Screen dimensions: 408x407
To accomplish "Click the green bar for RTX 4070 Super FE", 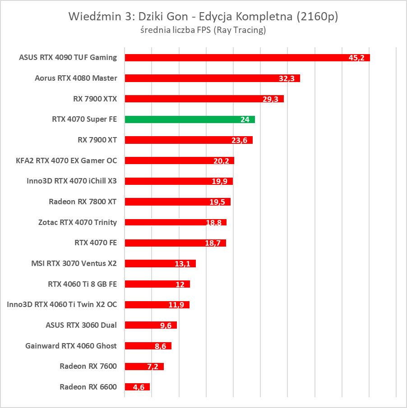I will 190,119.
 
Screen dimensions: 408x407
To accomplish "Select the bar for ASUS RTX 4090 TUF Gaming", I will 247,58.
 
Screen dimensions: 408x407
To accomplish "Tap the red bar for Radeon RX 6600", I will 137,387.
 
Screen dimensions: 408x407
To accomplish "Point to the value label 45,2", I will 356,58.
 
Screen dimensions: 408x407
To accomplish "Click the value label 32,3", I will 287,78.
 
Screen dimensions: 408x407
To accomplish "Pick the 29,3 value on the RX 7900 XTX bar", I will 270,99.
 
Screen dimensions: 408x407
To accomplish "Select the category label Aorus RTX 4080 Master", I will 76,78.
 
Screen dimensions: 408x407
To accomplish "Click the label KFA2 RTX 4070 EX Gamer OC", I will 66,160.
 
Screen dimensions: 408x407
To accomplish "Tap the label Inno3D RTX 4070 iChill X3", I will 72,181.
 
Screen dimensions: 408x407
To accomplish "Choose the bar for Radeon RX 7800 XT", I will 177,202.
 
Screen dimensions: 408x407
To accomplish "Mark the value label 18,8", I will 213,223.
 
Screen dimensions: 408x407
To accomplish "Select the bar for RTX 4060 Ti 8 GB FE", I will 157,284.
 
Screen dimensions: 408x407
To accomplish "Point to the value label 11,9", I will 176,305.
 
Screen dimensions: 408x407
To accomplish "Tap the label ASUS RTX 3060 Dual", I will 81,325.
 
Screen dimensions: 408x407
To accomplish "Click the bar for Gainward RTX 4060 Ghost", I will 148,346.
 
